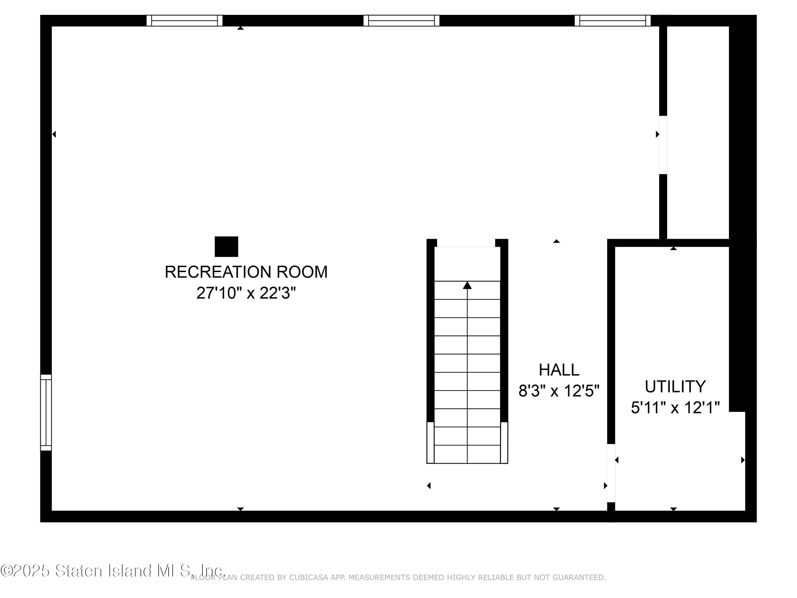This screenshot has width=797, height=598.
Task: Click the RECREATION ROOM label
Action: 246,272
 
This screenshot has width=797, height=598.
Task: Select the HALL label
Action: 559,370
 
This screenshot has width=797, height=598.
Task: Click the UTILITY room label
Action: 675,387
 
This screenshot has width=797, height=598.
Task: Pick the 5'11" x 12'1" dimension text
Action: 675,408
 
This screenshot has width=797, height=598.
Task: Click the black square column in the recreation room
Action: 226,247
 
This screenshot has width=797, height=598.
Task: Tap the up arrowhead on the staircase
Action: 467,285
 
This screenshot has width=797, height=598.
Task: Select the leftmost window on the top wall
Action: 184,20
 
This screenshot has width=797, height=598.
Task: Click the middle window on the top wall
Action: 401,20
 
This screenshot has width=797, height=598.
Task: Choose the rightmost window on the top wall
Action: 613,20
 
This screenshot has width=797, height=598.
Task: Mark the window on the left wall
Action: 46,412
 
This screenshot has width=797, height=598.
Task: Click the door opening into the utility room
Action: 611,473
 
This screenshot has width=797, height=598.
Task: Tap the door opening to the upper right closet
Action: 663,145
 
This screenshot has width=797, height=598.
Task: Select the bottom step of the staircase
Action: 467,454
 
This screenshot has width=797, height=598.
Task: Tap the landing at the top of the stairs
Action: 467,264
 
